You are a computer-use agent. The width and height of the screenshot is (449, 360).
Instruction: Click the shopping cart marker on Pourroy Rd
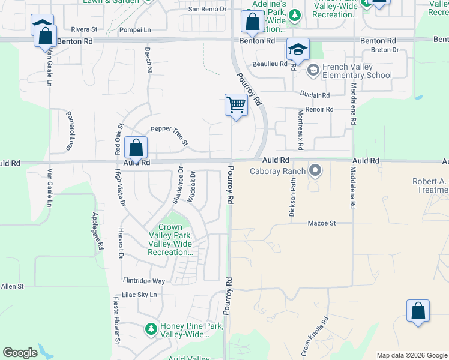(x=237, y=106)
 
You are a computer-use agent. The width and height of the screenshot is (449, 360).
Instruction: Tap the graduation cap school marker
(x=297, y=50)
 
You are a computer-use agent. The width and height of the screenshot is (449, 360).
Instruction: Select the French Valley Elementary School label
(x=357, y=71)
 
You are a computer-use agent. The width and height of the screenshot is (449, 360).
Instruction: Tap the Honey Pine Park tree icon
(x=151, y=329)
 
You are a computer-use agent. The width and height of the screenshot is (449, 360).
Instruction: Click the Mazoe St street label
(x=321, y=223)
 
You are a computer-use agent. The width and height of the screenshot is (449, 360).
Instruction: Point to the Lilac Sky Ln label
(x=140, y=295)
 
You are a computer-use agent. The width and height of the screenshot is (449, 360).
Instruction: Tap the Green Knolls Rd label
(x=315, y=337)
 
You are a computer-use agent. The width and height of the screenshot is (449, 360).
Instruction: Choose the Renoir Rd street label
(x=319, y=110)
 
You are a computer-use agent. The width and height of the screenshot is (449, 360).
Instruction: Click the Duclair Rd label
(x=315, y=95)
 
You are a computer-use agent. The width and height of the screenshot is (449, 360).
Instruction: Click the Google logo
(x=20, y=353)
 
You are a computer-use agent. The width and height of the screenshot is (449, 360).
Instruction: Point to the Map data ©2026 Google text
(x=411, y=355)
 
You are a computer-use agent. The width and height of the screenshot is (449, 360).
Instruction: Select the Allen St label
(x=12, y=287)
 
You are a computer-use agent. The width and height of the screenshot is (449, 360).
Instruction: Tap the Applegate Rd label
(x=97, y=231)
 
